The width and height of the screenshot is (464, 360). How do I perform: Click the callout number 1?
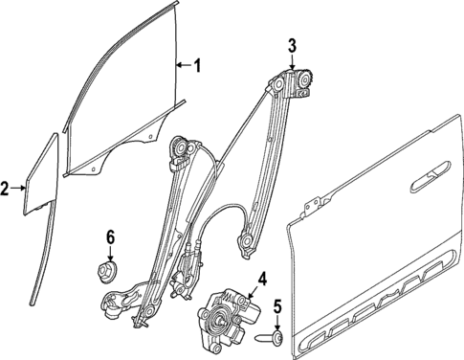197,66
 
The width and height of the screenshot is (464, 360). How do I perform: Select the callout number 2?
7,189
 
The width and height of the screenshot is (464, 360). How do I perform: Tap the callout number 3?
293,43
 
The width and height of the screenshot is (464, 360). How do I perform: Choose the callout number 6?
110,236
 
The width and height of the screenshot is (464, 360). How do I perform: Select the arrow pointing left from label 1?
183,66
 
